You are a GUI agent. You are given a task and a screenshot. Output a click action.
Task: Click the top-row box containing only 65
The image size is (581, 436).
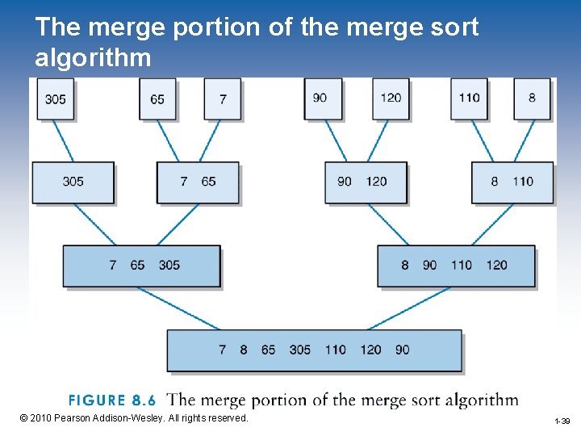[x=157, y=99]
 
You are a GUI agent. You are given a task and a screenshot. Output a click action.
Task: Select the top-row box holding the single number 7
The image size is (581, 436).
[x=223, y=99]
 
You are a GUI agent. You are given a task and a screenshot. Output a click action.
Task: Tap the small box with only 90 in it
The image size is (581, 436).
[x=322, y=98]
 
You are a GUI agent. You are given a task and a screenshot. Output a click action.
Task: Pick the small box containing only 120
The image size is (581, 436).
[x=391, y=98]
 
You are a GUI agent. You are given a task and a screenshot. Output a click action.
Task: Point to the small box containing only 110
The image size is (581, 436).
[x=469, y=98]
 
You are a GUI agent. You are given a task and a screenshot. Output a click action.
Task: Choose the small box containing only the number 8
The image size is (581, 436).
[x=532, y=98]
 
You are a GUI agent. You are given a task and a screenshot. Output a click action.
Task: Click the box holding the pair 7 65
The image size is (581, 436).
[x=198, y=182]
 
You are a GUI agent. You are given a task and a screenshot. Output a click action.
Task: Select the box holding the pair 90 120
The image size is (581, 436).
[x=366, y=182]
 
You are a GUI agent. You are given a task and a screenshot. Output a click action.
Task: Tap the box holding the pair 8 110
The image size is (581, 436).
[x=512, y=182]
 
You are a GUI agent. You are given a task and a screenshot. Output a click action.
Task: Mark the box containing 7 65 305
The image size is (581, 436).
[x=141, y=266]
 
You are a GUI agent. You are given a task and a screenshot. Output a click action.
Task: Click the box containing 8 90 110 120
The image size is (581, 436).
[x=456, y=266]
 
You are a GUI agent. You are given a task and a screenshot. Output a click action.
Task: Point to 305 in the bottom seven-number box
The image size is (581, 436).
[x=299, y=350]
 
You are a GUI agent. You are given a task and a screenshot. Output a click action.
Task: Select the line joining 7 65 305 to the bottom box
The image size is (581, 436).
[x=178, y=308]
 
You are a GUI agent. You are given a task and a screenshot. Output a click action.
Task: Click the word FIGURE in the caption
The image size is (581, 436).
[x=97, y=400]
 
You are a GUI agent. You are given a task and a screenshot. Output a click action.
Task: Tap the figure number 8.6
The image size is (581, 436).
[x=143, y=400]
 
